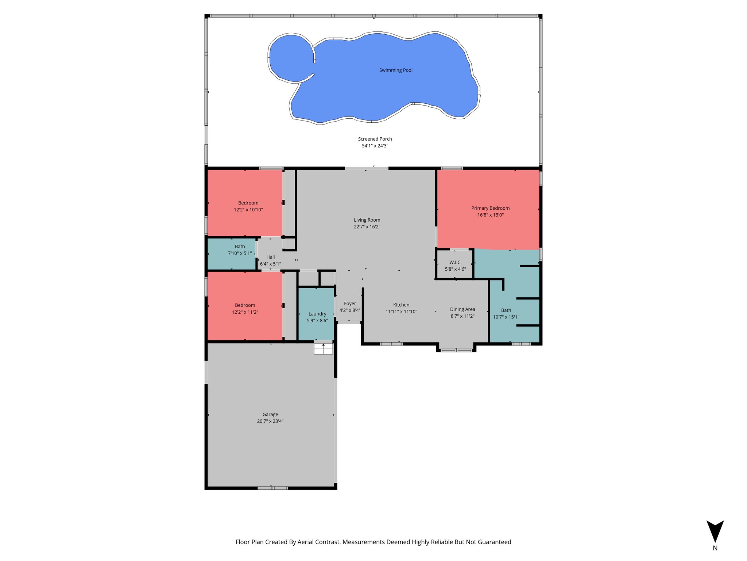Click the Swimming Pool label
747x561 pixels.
tap(396, 70)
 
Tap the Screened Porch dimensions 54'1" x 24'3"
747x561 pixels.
tap(375, 146)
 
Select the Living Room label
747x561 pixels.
tap(367, 220)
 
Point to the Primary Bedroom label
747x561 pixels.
tap(490, 208)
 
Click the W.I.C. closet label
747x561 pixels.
tap(455, 262)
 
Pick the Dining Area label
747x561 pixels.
tap(462, 309)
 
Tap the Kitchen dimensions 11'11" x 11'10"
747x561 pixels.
tap(401, 312)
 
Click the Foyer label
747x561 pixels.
tap(350, 304)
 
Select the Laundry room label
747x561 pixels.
tap(317, 314)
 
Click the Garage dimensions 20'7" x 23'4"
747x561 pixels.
tap(270, 421)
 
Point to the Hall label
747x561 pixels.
tap(270, 257)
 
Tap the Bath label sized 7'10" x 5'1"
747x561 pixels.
tap(240, 247)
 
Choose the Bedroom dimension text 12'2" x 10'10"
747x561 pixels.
tap(248, 210)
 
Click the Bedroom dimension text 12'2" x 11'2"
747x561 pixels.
tap(245, 312)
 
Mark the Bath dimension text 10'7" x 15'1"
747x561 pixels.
tap(506, 317)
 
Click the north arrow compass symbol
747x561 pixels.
tap(715, 531)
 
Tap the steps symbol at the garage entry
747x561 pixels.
tap(324, 349)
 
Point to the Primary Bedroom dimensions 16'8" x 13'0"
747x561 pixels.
tap(490, 215)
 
